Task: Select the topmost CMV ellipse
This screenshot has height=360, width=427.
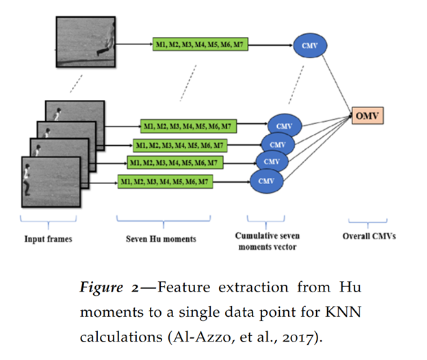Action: tap(309, 46)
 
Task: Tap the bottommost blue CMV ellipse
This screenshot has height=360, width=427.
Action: tap(266, 181)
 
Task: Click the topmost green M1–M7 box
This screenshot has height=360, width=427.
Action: tap(198, 46)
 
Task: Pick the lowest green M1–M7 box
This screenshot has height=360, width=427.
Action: tap(164, 181)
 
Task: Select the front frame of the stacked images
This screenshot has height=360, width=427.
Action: tap(51, 181)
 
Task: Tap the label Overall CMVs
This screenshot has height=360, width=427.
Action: tap(366, 237)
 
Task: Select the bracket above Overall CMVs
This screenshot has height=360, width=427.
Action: tap(364, 220)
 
